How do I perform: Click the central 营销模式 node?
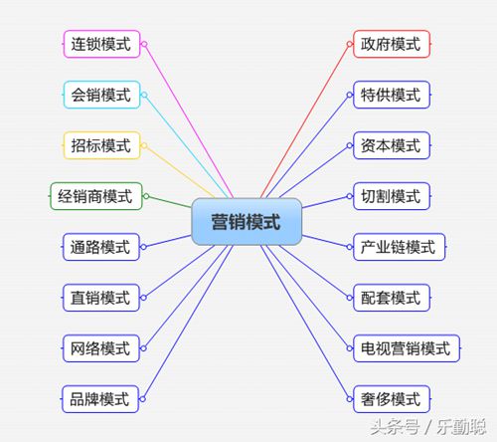tap(247, 222)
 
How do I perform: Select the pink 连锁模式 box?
tap(101, 44)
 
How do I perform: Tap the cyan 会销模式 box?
tap(101, 95)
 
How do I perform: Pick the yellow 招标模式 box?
tap(101, 145)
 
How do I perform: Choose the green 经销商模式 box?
tap(96, 196)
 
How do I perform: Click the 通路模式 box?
tap(101, 247)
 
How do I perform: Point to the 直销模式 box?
tap(101, 298)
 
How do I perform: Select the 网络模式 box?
tap(101, 348)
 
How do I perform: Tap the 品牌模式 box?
tap(100, 399)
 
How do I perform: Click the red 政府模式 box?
tap(392, 44)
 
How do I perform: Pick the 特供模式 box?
tap(392, 95)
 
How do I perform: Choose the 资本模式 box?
tap(392, 145)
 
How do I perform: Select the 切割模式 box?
tap(392, 196)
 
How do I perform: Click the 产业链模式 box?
tap(400, 247)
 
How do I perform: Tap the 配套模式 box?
tap(392, 298)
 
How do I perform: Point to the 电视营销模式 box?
tap(407, 348)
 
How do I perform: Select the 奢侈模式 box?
tap(392, 399)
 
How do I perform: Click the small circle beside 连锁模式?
tap(144, 44)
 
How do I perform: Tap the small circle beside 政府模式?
tap(350, 44)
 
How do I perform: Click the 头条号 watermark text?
tap(395, 427)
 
